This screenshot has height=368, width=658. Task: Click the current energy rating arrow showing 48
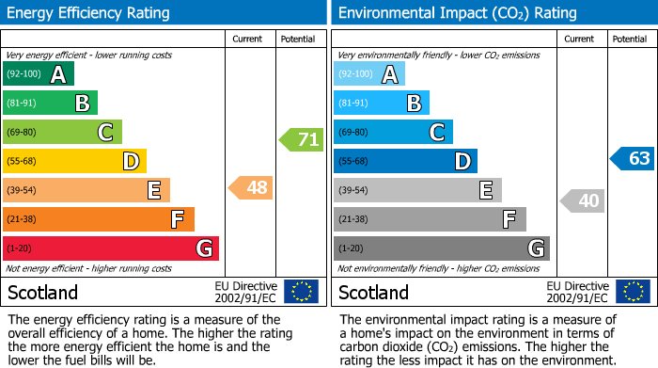[x=252, y=188]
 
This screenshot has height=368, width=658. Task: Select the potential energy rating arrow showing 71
[x=302, y=140]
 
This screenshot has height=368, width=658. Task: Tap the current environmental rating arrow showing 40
[x=584, y=200]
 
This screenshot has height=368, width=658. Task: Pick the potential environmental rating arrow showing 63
[x=633, y=158]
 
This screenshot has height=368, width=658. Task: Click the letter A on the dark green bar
[x=58, y=74]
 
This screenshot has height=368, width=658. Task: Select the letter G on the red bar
[x=204, y=248]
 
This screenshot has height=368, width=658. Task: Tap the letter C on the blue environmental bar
[x=437, y=133]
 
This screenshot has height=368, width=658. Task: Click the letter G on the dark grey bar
[x=535, y=248]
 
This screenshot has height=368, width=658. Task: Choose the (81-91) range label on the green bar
[x=23, y=104]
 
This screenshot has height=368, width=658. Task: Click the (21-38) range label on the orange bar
[x=23, y=219]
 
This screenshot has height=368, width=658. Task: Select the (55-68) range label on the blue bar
[x=354, y=162]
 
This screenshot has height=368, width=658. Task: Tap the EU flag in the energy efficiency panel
[x=301, y=292]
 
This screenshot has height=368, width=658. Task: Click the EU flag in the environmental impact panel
[x=635, y=292]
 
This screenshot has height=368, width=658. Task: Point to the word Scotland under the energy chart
[x=43, y=293]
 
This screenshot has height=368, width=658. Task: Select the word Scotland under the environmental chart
[x=374, y=293]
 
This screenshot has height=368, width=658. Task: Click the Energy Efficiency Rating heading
[x=89, y=13]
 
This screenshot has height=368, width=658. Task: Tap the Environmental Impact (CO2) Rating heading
[x=457, y=13]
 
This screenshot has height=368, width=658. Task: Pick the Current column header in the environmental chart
[x=580, y=39]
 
